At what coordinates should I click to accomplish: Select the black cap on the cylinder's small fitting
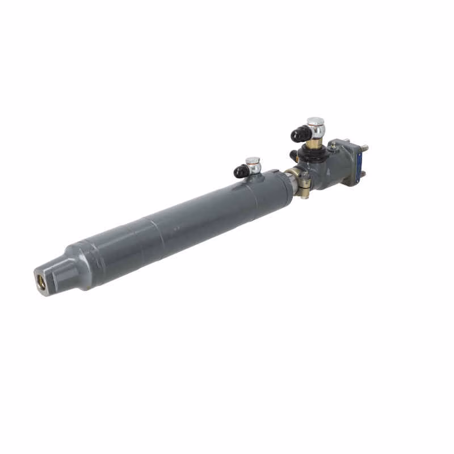(241, 170)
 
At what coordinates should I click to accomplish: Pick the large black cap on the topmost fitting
(299, 134)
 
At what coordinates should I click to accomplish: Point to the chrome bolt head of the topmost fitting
(316, 123)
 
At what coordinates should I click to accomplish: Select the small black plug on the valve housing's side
(293, 154)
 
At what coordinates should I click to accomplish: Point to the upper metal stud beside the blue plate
(363, 149)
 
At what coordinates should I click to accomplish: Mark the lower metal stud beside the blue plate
(363, 174)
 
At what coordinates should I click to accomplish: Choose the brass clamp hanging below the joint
(305, 187)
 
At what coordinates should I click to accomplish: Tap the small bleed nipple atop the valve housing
(333, 147)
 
